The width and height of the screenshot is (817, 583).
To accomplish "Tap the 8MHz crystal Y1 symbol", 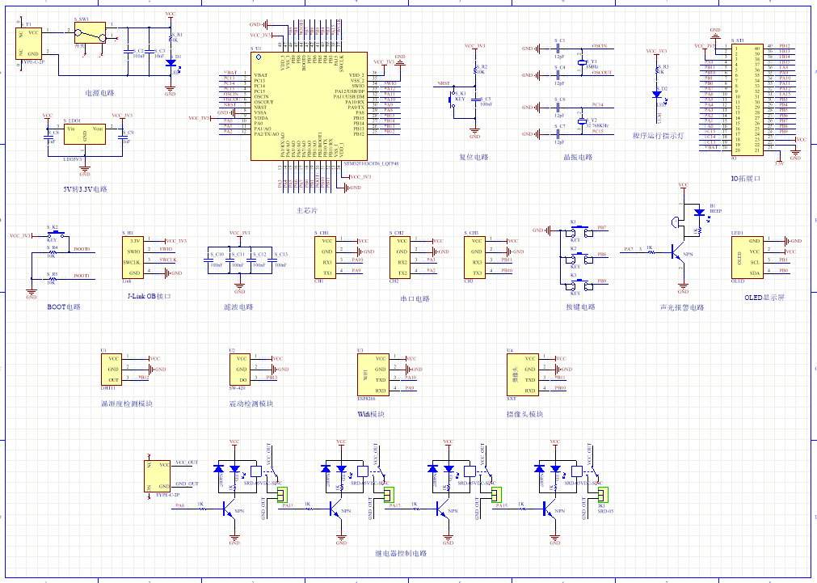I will pyautogui.click(x=580, y=62).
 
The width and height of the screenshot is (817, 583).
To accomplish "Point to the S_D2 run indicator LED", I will pyautogui.click(x=658, y=94).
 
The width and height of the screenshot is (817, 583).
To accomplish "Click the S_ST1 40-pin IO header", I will pyautogui.click(x=748, y=97).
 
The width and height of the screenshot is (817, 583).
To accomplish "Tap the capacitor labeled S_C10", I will pyautogui.click(x=217, y=260).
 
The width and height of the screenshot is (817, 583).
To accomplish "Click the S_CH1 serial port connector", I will pyautogui.click(x=327, y=256).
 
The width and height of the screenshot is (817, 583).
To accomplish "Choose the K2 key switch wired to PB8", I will pyautogui.click(x=575, y=256).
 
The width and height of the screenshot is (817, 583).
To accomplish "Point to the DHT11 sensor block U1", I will pyautogui.click(x=114, y=368).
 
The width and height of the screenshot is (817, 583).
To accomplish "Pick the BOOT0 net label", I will pyautogui.click(x=82, y=250).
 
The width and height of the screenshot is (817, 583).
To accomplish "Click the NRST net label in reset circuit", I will pyautogui.click(x=444, y=83).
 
